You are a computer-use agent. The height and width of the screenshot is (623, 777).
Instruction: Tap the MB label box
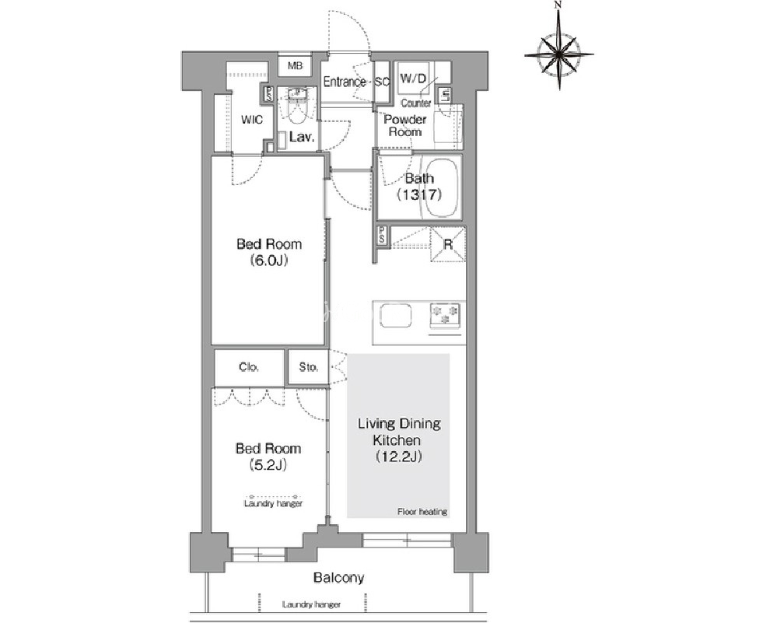tap(296, 66)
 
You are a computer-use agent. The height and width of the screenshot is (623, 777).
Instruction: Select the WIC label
tap(252, 120)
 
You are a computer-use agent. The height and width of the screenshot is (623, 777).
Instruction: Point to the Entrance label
tap(345, 82)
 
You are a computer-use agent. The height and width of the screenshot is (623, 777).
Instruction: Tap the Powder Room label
tap(405, 125)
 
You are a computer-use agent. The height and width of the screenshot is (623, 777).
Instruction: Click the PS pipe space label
tap(382, 236)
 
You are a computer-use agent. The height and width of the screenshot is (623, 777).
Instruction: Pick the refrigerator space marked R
tap(448, 244)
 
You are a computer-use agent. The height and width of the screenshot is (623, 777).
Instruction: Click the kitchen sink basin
tap(395, 315)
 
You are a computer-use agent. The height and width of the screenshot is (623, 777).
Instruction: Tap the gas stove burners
tap(445, 315)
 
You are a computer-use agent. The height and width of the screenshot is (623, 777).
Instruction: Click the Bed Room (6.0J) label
tap(269, 252)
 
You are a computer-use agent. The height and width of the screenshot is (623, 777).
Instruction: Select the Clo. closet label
tap(249, 367)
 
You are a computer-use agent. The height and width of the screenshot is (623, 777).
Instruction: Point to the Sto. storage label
tap(308, 367)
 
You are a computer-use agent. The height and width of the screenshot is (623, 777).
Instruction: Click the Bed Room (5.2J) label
tap(268, 457)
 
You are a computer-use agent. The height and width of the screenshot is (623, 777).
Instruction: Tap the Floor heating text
tap(422, 512)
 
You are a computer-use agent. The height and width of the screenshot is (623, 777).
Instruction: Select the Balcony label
tap(339, 577)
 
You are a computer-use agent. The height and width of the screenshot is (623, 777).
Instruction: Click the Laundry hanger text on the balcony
tap(311, 604)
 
